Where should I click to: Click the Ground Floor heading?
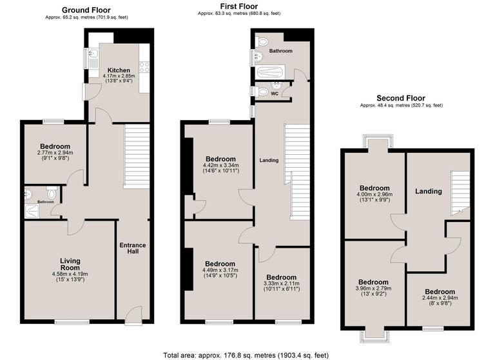(x=85, y=10)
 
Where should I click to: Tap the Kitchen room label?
(x=119, y=70)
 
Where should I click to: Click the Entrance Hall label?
(x=132, y=248)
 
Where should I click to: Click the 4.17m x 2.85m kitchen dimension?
(x=119, y=77)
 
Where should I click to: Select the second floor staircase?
(x=460, y=192)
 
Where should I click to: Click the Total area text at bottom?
(x=246, y=354)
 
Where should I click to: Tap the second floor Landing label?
(x=428, y=191)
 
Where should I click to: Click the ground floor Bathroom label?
(x=45, y=202)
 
